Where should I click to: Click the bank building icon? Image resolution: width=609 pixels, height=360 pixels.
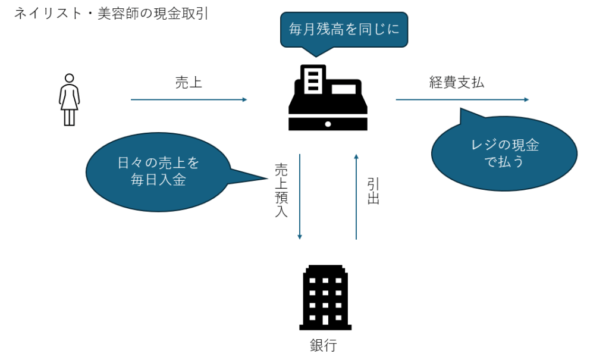point(325,297)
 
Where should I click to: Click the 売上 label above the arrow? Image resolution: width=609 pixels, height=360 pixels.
point(189,82)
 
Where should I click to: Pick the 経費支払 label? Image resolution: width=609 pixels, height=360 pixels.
point(457,82)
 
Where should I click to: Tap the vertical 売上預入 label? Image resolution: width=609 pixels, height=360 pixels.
point(281,190)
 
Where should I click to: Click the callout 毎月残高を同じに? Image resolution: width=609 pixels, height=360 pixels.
point(344,29)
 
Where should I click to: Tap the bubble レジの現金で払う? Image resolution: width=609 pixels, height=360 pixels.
point(504,153)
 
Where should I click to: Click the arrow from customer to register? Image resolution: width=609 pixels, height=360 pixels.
point(189,99)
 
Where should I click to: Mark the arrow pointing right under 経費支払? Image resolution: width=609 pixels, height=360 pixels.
point(462,99)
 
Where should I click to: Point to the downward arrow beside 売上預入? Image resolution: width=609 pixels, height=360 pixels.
point(300,196)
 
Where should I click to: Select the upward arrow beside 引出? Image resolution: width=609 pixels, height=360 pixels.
point(356,196)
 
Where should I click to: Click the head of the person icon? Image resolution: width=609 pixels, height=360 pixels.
point(70,78)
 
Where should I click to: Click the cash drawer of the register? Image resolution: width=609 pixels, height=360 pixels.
point(327,124)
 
